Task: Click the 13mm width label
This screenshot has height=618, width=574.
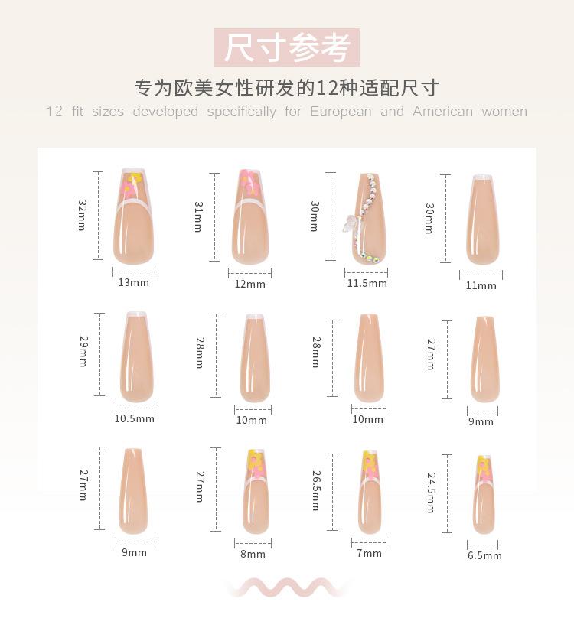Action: [x=133, y=283]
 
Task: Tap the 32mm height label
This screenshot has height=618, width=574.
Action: [x=82, y=216]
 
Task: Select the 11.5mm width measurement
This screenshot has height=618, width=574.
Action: [x=367, y=284]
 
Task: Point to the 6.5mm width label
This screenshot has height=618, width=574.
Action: [x=484, y=556]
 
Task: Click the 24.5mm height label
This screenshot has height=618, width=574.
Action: [x=431, y=493]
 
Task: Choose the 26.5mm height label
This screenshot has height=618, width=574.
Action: [x=315, y=490]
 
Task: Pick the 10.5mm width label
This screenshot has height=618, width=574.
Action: [x=134, y=419]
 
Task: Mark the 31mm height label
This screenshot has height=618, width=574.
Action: [x=198, y=217]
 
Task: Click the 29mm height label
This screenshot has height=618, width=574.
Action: [x=82, y=353]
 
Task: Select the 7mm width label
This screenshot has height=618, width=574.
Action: [x=368, y=554]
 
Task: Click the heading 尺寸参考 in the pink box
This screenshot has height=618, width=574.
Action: [x=287, y=47]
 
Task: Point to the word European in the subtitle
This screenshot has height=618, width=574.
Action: [x=341, y=112]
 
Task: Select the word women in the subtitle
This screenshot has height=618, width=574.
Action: [x=504, y=112]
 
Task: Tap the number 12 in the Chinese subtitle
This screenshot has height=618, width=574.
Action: [x=326, y=88]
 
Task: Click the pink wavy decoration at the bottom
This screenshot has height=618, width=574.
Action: [x=287, y=587]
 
